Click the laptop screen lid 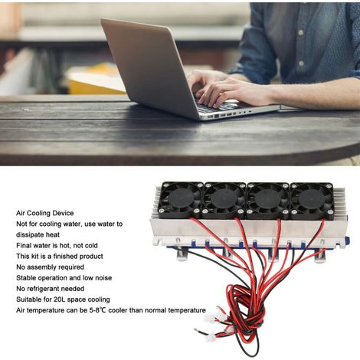click(151, 67)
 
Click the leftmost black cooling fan click(181, 199)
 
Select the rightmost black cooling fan click(312, 201)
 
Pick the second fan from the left click(225, 200)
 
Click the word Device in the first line click(63, 213)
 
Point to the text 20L click(60, 299)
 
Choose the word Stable click(25, 278)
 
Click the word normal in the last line click(156, 310)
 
